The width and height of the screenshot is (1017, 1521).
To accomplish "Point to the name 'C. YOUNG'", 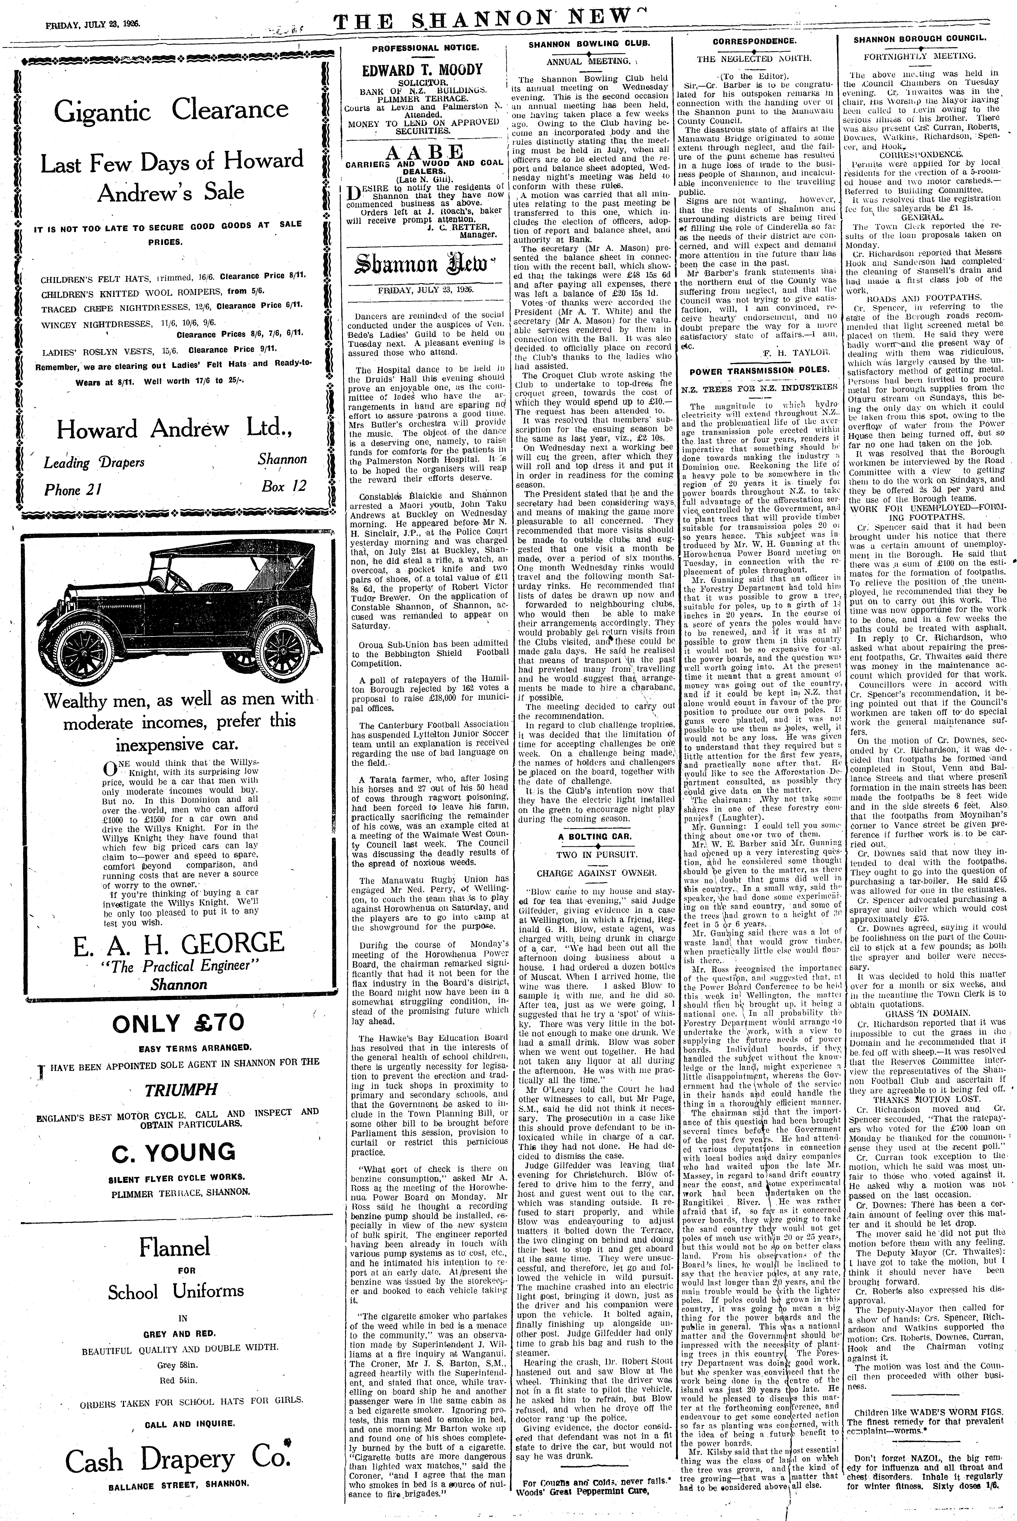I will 173,1152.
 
